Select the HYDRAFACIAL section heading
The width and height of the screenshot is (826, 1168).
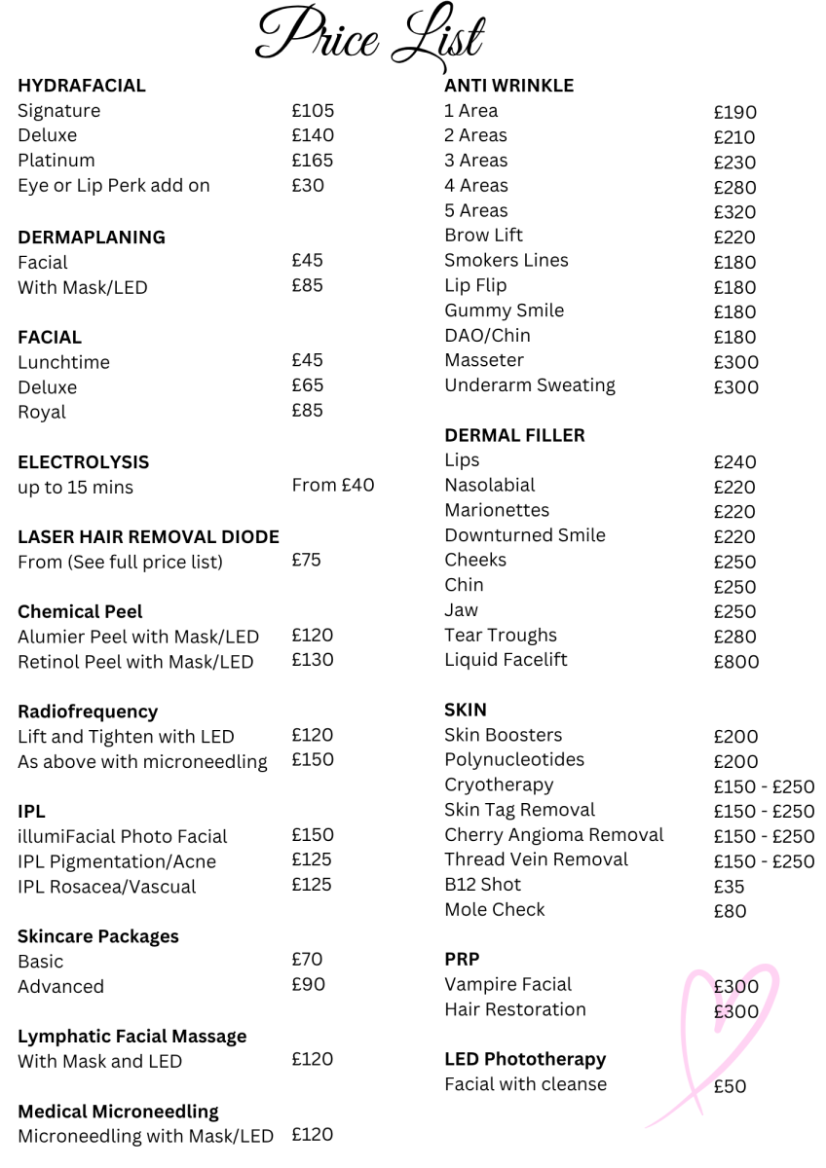(x=82, y=86)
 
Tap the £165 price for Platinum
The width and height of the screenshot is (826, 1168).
(x=313, y=160)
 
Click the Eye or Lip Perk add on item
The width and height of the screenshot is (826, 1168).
(x=114, y=185)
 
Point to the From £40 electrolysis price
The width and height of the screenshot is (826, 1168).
(x=332, y=485)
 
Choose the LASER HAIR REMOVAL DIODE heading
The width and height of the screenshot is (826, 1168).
(x=148, y=536)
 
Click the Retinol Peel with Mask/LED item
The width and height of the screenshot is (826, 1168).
(x=135, y=662)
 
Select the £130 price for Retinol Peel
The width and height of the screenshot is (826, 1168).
(x=313, y=660)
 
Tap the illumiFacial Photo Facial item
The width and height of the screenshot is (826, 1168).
(x=122, y=836)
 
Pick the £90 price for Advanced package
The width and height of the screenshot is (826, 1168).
(x=308, y=984)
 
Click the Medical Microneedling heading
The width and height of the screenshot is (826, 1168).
(x=118, y=1111)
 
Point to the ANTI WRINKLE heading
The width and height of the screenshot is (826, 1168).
(x=508, y=86)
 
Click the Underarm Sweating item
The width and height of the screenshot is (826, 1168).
(x=529, y=385)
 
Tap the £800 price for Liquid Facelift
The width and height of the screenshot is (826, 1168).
(x=735, y=662)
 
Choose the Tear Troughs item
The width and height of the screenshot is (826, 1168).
(x=501, y=636)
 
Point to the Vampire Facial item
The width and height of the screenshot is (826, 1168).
(x=507, y=985)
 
